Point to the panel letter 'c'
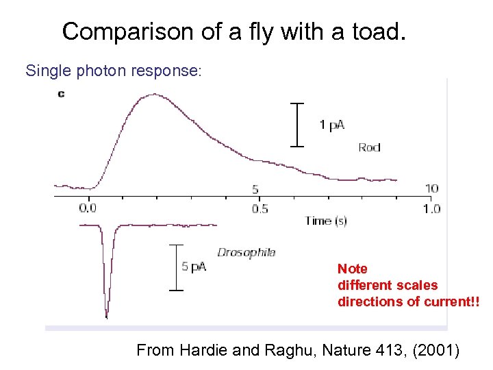tap(61, 93)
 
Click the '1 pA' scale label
tap(331, 125)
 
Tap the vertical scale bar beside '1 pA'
tap(296, 124)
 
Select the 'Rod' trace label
tap(369, 147)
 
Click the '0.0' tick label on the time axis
tap(88, 208)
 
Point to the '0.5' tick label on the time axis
tap(260, 208)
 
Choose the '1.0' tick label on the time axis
tap(431, 208)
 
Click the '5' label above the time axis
tap(255, 189)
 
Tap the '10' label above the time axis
tap(431, 188)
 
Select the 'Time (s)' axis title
tap(326, 221)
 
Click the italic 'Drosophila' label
tap(246, 252)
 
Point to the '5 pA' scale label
tap(194, 267)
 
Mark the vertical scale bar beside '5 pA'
tap(177, 267)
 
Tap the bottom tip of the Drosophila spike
tap(106, 317)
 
